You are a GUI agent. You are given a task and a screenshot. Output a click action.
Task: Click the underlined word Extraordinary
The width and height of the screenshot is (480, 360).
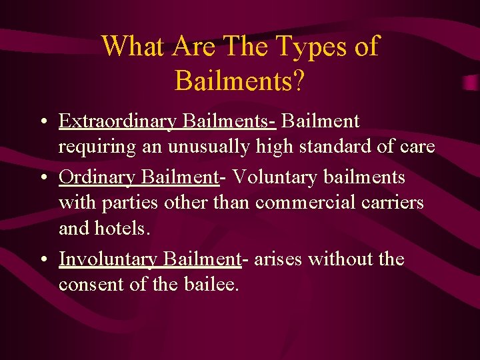pyautogui.click(x=117, y=122)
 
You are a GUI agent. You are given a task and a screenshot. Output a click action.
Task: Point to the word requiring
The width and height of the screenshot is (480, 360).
pyautogui.click(x=96, y=147)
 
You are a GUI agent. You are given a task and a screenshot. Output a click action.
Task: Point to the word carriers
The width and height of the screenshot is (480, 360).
pyautogui.click(x=393, y=202)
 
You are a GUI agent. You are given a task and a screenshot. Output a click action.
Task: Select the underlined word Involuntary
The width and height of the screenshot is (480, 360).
pyautogui.click(x=108, y=259)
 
